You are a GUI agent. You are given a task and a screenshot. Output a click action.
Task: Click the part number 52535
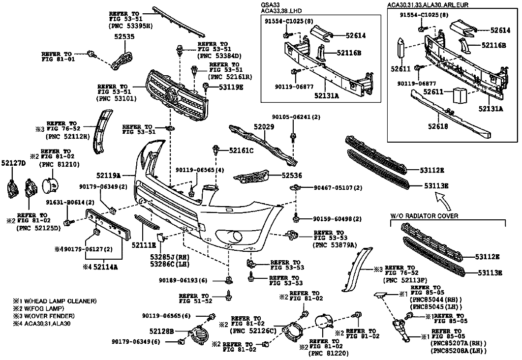pos(123,36)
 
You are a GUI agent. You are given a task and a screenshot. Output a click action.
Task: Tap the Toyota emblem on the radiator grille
pos(173,95)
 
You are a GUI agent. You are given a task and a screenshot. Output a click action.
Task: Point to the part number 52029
pos(264,127)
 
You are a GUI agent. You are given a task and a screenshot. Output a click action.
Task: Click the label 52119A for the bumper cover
pos(109,175)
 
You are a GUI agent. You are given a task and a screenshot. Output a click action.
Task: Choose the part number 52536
pos(292,176)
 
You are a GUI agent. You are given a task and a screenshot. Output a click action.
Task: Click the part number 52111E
pos(144,245)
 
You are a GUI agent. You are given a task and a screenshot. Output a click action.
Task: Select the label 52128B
pos(162,331)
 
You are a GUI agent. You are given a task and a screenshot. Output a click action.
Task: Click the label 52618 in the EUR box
pos(438,126)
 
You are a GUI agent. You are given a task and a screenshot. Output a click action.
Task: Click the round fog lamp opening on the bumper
pos(237,236)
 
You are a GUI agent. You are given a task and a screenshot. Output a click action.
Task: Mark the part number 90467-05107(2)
pos(338,188)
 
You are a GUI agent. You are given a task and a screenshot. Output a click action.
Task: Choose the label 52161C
pos(242,150)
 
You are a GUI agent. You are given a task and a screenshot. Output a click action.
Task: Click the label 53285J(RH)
pos(169,257)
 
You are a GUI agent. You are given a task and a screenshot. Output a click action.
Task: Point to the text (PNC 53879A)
pos(335,245)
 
